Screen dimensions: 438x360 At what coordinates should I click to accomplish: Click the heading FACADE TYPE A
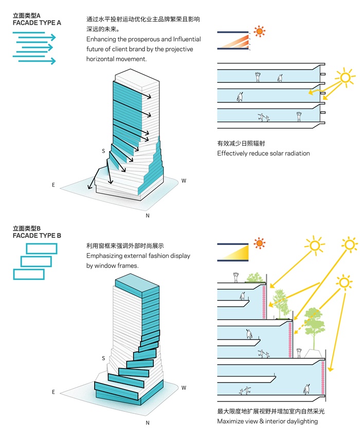[x=37, y=23]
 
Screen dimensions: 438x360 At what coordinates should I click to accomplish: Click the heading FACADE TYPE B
[x=37, y=235]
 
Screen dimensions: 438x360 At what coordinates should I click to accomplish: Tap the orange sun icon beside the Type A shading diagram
[x=260, y=31]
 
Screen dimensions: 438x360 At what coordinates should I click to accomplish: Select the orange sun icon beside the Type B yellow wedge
[x=260, y=243]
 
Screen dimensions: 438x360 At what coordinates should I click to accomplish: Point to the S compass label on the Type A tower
[x=103, y=151]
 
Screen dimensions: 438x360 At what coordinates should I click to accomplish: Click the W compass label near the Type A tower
[x=184, y=181]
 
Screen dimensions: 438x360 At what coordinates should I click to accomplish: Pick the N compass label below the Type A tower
[x=148, y=215]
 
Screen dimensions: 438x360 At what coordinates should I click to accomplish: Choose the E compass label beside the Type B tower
[x=53, y=392]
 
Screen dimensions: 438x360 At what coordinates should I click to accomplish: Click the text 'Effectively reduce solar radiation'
[x=263, y=153]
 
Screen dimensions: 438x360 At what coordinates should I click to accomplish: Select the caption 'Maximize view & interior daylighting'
[x=267, y=422]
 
